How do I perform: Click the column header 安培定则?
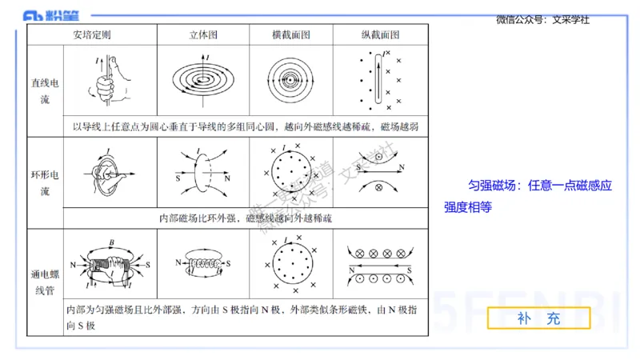pyautogui.click(x=91, y=35)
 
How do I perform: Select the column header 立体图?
pyautogui.click(x=203, y=35)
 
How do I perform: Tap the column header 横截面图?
pyautogui.click(x=290, y=35)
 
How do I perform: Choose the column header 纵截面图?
pyautogui.click(x=380, y=35)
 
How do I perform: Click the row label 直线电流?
pyautogui.click(x=45, y=90)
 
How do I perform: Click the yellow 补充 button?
pyautogui.click(x=538, y=318)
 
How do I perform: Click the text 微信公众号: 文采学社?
pyautogui.click(x=542, y=20)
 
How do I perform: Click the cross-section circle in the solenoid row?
pyautogui.click(x=290, y=264)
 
